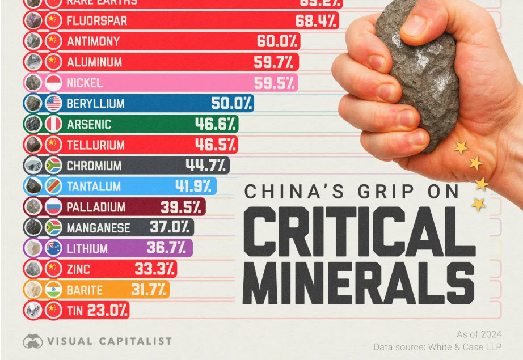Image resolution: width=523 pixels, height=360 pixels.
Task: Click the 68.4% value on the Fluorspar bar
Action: point(317,21)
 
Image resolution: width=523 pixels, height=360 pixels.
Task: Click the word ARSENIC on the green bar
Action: point(88,124)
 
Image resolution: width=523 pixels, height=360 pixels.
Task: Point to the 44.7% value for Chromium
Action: point(206,166)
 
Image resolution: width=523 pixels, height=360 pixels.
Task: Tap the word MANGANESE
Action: point(98,228)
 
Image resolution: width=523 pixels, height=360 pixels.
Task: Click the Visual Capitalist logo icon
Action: point(33,341)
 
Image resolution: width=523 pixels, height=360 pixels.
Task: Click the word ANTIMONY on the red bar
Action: point(93,41)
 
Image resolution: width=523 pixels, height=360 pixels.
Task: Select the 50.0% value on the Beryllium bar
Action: point(231,104)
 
